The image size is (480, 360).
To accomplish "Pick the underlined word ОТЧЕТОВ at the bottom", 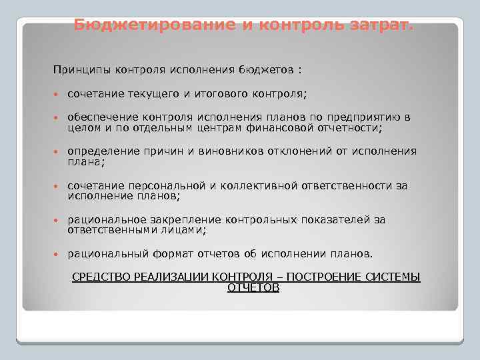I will point(253,287).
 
